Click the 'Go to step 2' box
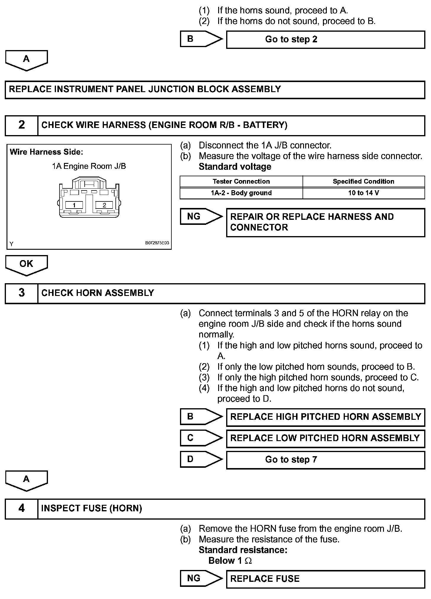[325, 40]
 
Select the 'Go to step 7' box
[325, 460]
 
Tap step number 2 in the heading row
[22, 125]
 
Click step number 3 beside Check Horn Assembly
[22, 293]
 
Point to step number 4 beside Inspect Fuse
[22, 508]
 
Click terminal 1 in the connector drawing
[74, 205]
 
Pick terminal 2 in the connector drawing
[104, 205]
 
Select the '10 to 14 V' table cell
[364, 193]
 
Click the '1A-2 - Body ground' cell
[241, 193]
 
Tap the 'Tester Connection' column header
[241, 182]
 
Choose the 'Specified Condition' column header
[364, 182]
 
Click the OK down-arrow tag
[26, 264]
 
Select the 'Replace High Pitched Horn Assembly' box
[325, 417]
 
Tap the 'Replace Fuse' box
[325, 579]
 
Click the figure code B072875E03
[157, 243]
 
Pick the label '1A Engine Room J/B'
[89, 166]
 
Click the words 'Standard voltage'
[235, 167]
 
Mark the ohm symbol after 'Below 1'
[248, 561]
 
